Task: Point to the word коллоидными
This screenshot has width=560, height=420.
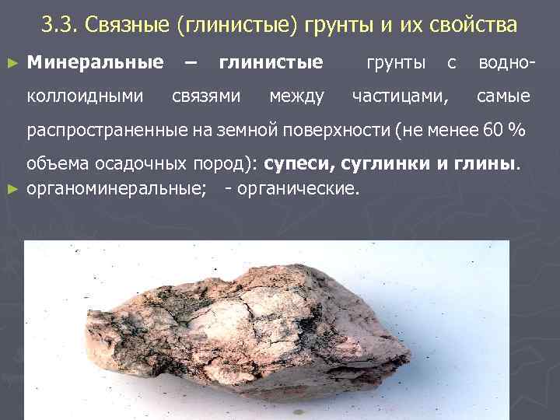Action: point(85,96)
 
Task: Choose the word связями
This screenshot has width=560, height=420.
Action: point(205,96)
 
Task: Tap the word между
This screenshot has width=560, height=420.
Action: point(296,96)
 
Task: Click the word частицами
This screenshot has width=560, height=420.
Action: point(400,96)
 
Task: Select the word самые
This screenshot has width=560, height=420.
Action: point(503,96)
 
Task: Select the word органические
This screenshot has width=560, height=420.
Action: point(300,187)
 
